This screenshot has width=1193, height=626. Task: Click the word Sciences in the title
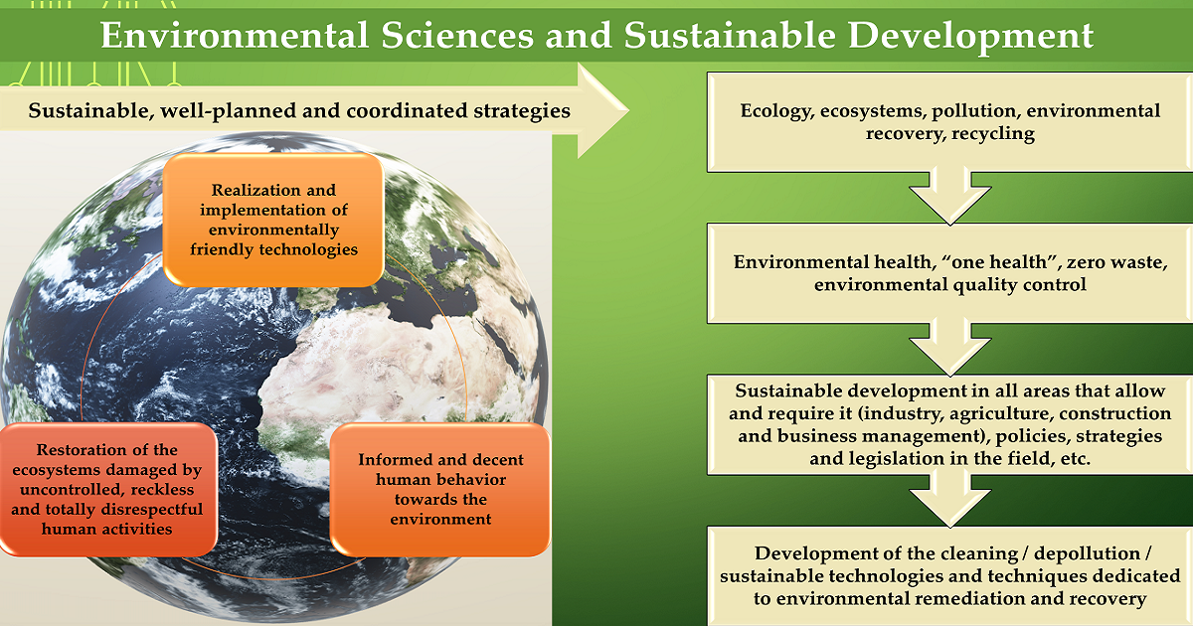coord(457,35)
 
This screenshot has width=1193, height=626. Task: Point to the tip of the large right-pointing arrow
coord(629,110)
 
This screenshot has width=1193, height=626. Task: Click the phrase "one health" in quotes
coord(1001,262)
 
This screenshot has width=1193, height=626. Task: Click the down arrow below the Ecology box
coord(950,196)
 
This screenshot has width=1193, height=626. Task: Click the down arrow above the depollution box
coord(950,499)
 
